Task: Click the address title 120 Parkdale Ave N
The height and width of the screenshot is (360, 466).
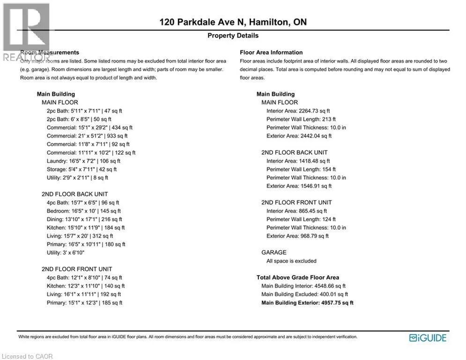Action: point(233,22)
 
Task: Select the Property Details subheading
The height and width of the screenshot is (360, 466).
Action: point(233,36)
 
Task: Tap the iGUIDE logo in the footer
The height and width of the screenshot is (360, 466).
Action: point(428,338)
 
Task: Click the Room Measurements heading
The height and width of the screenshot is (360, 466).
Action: point(50,52)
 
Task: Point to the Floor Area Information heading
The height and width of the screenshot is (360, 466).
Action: point(271,52)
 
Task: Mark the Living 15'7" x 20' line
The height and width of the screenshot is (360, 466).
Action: point(80,236)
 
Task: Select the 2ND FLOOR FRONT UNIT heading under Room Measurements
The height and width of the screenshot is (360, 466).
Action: point(77,269)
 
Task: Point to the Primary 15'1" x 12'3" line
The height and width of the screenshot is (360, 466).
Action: point(84,303)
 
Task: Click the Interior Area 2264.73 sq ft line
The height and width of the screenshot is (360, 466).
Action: point(298,111)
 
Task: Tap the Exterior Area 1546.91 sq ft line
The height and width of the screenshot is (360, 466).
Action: point(299,186)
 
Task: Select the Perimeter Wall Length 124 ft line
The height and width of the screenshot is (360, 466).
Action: point(301,219)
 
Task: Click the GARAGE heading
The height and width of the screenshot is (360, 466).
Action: point(274,252)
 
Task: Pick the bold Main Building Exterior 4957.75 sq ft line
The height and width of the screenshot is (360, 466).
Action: point(307,303)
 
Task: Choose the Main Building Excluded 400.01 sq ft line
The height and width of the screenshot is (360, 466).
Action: point(304,294)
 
